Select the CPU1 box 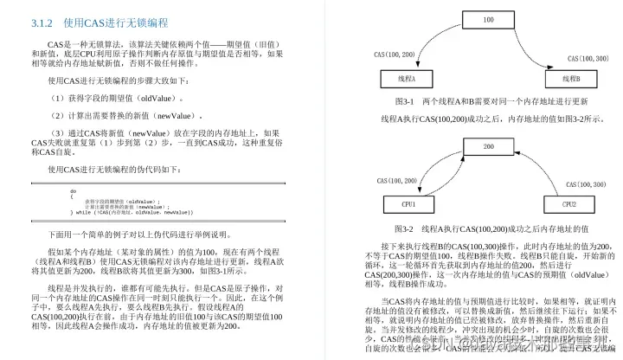pos(406,205)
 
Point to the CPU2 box pos(570,205)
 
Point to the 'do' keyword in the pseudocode pos(74,191)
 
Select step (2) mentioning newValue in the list pos(126,115)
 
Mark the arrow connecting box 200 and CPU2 pos(545,169)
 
